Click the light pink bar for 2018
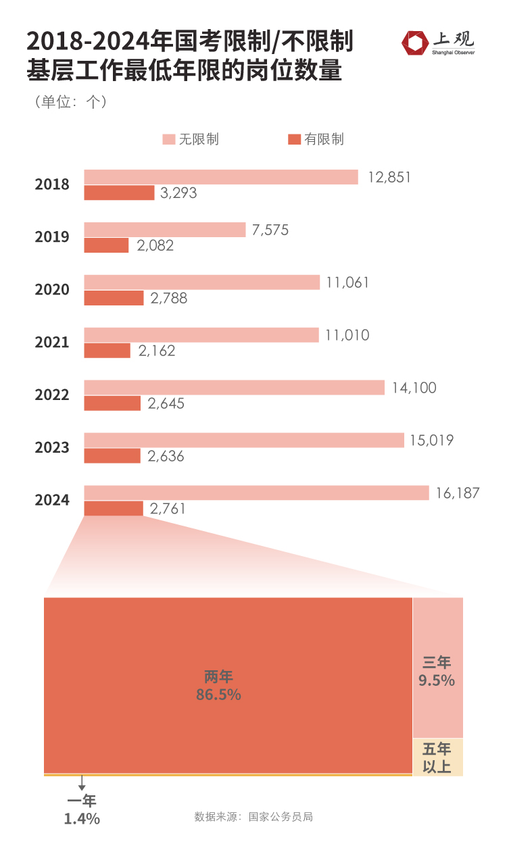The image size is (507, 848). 220,177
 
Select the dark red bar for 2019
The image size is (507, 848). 106,245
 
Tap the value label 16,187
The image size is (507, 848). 457,493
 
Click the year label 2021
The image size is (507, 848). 52,343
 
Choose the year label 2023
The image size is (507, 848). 52,448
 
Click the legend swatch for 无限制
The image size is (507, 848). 168,139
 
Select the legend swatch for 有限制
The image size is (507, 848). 294,139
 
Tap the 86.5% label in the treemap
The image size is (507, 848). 218,694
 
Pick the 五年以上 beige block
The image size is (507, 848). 437,757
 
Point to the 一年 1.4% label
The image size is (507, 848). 82,810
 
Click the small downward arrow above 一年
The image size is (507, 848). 82,784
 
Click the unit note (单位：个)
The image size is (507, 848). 68,102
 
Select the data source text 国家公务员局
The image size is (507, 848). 281,816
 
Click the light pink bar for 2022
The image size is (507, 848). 234,388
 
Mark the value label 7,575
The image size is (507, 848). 270,230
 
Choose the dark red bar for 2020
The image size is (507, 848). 114,298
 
